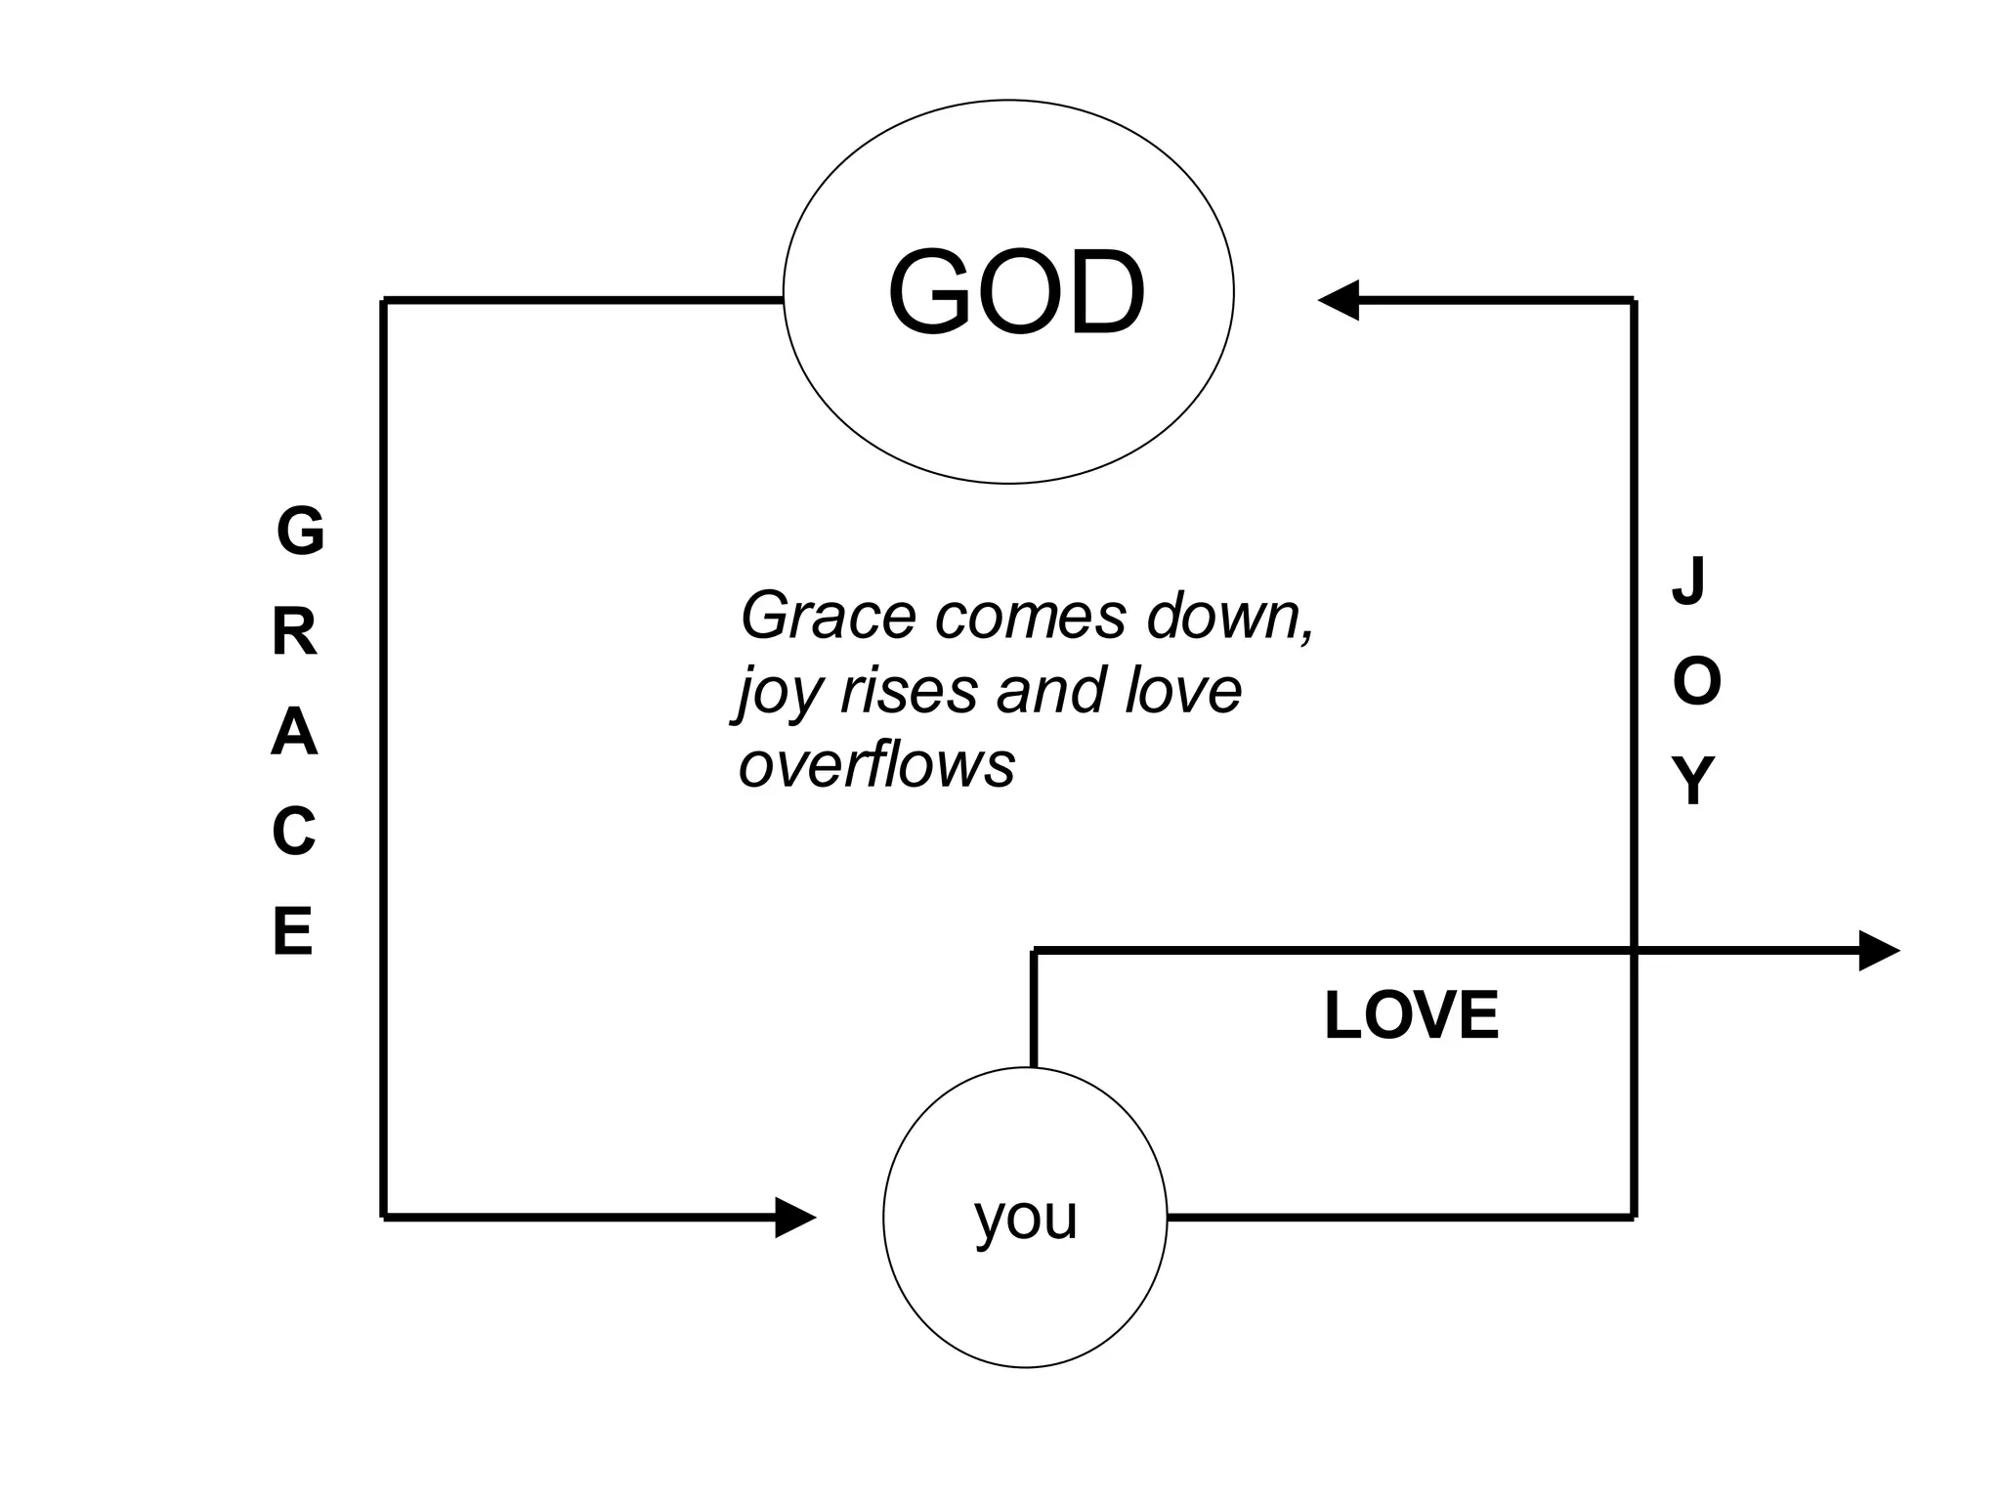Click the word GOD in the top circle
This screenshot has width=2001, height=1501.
(x=1015, y=292)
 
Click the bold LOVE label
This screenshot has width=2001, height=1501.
(x=1411, y=1015)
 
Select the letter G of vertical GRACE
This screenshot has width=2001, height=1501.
(x=300, y=532)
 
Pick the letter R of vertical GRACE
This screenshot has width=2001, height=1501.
(x=295, y=633)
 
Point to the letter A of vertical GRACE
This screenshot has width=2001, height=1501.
(x=294, y=733)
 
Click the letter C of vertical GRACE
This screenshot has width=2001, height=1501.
(x=294, y=833)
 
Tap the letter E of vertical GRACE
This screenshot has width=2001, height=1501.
(x=293, y=931)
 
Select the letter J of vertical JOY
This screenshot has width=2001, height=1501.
(x=1689, y=580)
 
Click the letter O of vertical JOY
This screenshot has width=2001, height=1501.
(x=1696, y=681)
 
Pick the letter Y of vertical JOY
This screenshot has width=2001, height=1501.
(x=1693, y=781)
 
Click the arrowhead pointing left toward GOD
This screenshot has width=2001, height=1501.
(x=1339, y=300)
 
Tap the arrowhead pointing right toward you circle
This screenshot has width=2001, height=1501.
(x=795, y=1218)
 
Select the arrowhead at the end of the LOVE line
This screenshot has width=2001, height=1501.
(x=1878, y=950)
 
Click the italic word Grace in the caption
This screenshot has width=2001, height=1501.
(x=830, y=616)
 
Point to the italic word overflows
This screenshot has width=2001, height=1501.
(x=876, y=764)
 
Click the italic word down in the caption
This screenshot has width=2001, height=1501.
(x=1230, y=616)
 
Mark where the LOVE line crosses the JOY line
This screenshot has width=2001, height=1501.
(x=1634, y=950)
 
